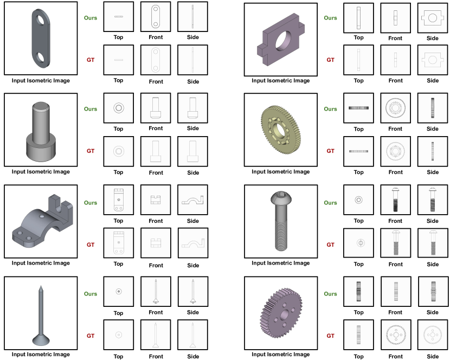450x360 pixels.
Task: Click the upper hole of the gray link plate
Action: point(40,20)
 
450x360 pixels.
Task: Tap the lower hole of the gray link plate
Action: point(40,57)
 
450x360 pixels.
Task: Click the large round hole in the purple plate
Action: point(283,41)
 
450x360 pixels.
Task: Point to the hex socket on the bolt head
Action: point(281,195)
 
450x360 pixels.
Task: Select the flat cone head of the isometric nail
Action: point(41,340)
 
